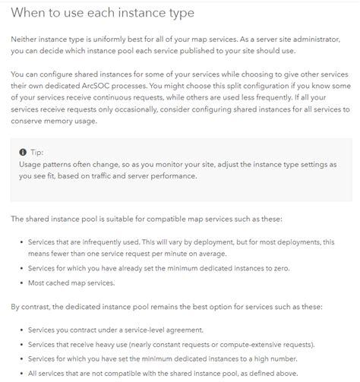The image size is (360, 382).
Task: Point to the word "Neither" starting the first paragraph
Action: click(x=27, y=38)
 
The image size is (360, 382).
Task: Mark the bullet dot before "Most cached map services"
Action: click(x=21, y=283)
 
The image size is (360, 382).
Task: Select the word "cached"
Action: click(x=62, y=283)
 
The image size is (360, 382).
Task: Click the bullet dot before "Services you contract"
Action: click(x=21, y=330)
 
